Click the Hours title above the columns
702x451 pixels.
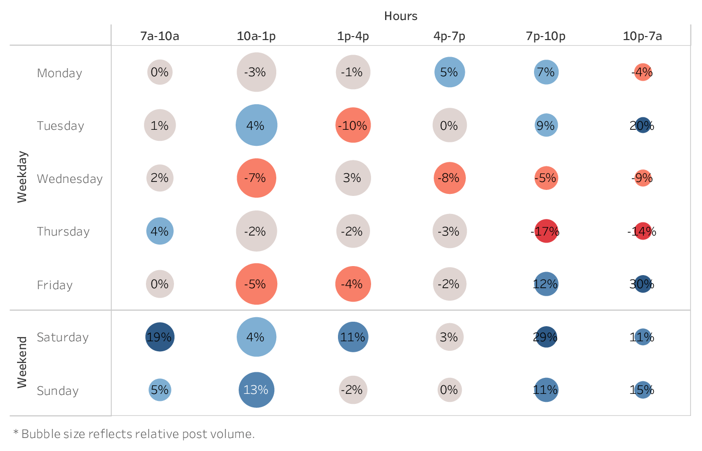point(401,16)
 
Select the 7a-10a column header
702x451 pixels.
point(159,36)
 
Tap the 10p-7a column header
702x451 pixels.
point(642,36)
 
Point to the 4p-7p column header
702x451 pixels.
point(449,36)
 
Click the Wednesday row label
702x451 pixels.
point(70,179)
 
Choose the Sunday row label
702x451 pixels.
point(58,391)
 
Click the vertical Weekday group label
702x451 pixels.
point(22,177)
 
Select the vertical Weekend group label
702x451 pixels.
point(22,362)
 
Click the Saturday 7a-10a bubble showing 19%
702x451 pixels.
point(159,337)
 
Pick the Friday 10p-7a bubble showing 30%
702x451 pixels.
point(642,284)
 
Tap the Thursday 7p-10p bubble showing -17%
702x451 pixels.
point(546,232)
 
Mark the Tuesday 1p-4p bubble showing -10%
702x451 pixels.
point(353,125)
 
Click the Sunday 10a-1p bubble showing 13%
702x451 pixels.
point(256,390)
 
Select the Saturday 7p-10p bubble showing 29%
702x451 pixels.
point(546,337)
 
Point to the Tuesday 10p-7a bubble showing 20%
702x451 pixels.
point(642,125)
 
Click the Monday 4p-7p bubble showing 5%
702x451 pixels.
point(449,72)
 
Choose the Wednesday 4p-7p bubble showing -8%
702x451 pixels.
point(449,178)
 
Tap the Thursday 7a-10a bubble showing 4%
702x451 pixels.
point(159,231)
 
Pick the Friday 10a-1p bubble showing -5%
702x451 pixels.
point(256,284)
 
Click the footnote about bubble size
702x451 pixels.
point(134,434)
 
